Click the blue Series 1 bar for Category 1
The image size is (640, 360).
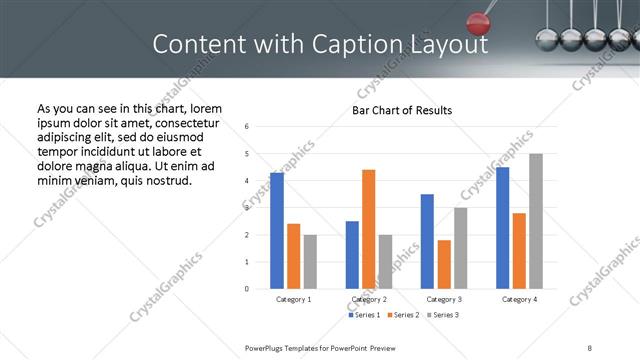[x=277, y=231]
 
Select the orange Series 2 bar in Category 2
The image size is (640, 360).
[x=368, y=229]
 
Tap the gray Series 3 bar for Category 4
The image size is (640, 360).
[x=536, y=221]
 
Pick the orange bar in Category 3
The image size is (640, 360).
[x=444, y=264]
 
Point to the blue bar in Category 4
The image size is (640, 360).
[x=502, y=228]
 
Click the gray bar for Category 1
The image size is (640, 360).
[x=310, y=262]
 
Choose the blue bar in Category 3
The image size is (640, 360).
[x=427, y=241]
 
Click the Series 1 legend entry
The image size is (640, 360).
[x=363, y=315]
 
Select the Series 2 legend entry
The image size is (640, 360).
[x=402, y=315]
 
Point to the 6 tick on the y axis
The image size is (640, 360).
[x=247, y=126]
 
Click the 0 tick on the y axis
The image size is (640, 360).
[x=247, y=289]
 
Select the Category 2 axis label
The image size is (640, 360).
[x=368, y=299]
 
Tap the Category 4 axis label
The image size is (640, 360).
[x=519, y=299]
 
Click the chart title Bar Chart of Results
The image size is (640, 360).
[x=402, y=110]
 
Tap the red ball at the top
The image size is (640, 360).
[x=479, y=21]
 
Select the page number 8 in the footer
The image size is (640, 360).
[x=590, y=347]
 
